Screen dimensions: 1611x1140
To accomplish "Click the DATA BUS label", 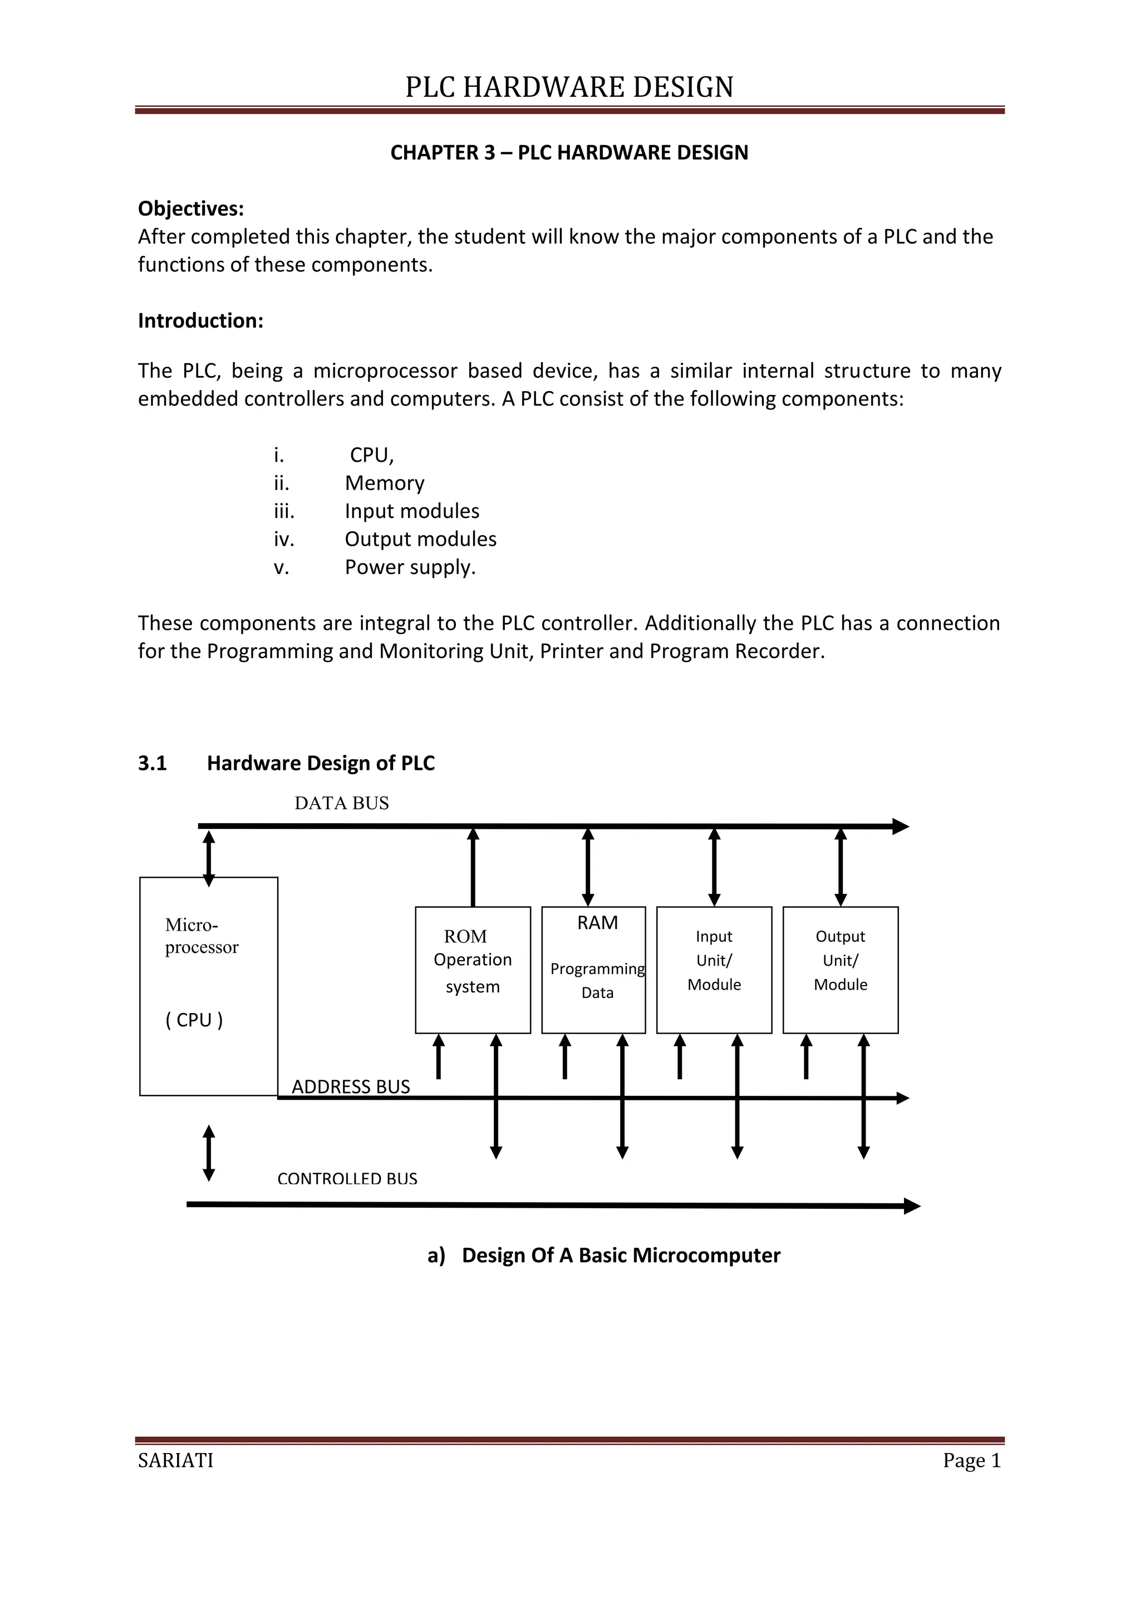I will click(341, 803).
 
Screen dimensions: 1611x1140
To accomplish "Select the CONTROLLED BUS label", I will click(347, 1179).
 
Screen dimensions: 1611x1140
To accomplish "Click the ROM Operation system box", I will click(473, 970).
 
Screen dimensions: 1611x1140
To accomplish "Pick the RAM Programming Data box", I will click(593, 970).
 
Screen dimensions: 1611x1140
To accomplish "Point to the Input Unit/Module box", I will click(714, 970).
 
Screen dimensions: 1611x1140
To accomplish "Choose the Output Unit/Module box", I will click(841, 970).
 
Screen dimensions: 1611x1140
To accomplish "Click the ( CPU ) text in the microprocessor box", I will click(194, 1020).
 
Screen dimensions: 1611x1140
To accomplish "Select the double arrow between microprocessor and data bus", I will click(209, 859).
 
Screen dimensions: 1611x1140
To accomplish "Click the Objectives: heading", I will click(190, 209).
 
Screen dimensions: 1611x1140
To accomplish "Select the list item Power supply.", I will click(410, 567).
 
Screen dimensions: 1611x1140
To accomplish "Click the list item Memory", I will click(384, 483).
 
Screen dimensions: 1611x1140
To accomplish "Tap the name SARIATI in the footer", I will click(175, 1460).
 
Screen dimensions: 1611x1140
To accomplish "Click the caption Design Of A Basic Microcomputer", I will click(621, 1256).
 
